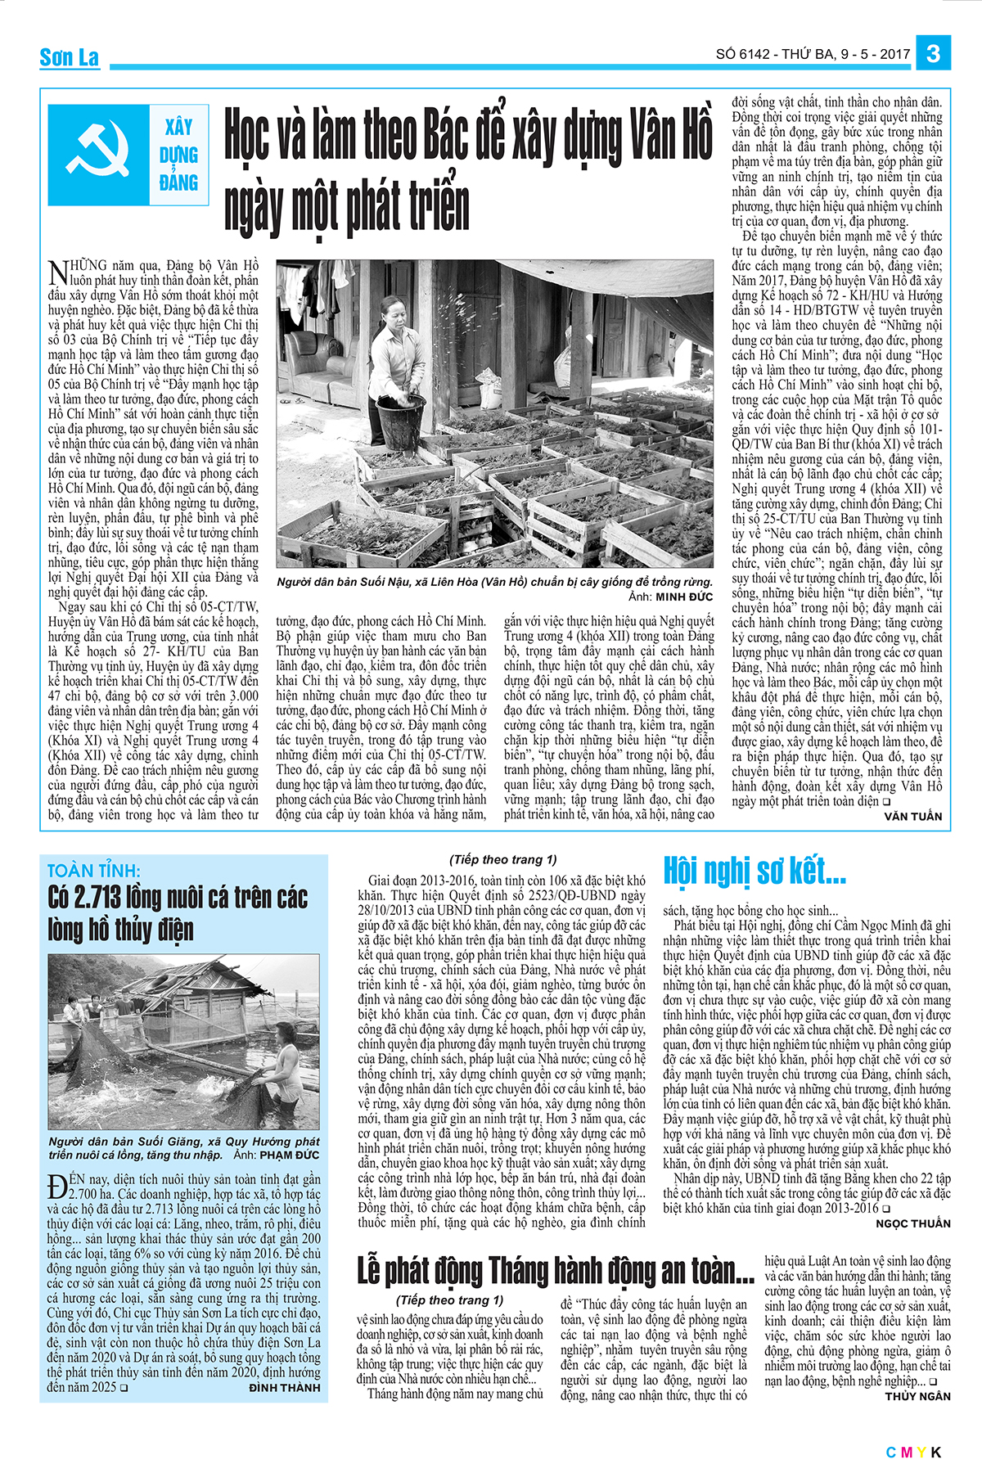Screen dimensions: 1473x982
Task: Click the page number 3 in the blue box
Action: click(934, 54)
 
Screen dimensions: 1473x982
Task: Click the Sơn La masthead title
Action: click(70, 57)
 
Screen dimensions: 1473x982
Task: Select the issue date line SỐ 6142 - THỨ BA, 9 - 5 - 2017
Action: click(813, 55)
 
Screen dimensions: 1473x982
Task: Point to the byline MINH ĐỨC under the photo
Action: click(684, 597)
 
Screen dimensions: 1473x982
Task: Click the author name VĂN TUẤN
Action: click(912, 817)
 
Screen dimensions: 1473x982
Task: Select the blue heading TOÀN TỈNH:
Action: click(94, 871)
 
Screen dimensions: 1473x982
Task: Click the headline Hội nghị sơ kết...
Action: click(754, 872)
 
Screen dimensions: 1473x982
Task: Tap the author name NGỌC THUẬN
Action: click(913, 1223)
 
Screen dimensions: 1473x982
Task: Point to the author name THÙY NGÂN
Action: click(917, 1396)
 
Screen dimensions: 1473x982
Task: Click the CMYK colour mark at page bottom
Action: click(914, 1453)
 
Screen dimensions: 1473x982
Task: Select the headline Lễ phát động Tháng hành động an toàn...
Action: click(555, 1271)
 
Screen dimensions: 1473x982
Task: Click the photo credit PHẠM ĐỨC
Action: click(290, 1155)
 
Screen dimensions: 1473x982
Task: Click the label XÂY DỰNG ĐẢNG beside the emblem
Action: click(179, 155)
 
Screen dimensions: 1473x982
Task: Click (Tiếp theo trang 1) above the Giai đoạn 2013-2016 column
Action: click(502, 859)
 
